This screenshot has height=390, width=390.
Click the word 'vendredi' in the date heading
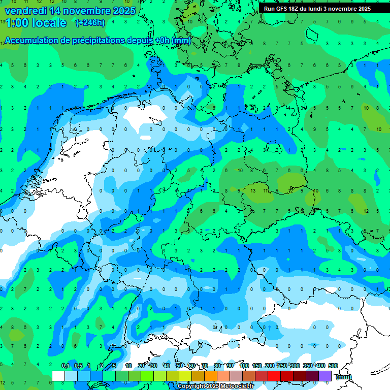click(x=25, y=11)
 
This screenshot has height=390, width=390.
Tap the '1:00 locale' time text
click(x=35, y=23)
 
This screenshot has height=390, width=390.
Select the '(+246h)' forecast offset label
click(x=90, y=23)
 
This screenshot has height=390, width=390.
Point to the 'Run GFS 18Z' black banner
click(x=324, y=8)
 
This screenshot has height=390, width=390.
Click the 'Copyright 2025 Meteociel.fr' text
click(x=215, y=386)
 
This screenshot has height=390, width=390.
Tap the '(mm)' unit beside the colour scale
click(x=344, y=377)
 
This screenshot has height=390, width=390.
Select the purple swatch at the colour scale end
click(x=325, y=376)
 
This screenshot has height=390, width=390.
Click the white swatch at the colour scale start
click(x=58, y=376)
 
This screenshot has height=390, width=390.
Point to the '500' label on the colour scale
click(x=333, y=366)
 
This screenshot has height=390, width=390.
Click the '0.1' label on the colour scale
click(x=66, y=366)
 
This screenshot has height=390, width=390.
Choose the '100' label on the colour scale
click(x=244, y=366)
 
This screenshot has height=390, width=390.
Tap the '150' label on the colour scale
click(x=257, y=366)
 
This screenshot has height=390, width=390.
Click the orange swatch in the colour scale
click(x=211, y=376)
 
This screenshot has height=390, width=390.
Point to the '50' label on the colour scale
click(x=179, y=366)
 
